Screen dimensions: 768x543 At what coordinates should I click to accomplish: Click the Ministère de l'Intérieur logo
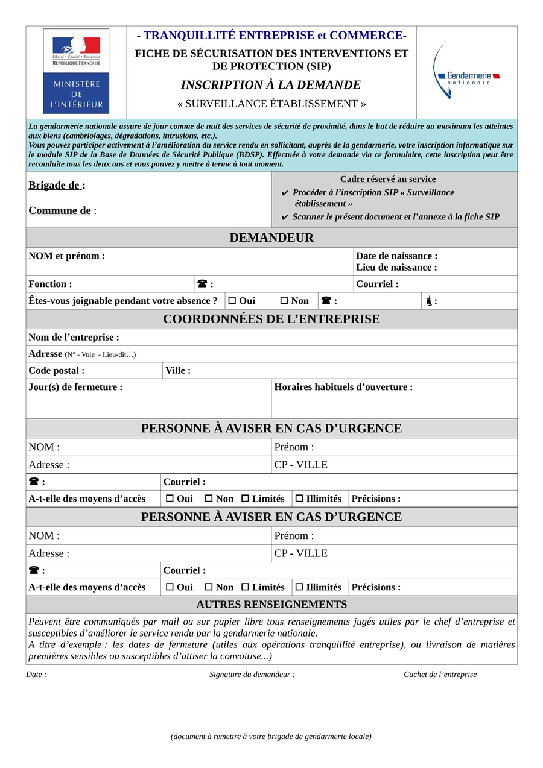76,71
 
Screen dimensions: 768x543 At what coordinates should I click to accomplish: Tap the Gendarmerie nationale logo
466,73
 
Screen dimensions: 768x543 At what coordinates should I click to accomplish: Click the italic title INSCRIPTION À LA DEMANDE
271,85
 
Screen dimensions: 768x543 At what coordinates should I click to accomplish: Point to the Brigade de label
57,186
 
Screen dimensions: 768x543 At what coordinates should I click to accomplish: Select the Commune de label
62,210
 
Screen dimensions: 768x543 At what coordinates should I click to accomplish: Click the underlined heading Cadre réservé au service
388,179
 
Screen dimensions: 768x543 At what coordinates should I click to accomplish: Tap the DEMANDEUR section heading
271,238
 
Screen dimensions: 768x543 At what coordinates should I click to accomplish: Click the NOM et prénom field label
66,256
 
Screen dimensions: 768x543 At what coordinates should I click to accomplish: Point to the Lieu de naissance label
396,267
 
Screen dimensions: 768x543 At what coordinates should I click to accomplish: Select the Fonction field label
50,284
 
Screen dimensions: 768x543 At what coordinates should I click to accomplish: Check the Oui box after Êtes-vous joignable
232,301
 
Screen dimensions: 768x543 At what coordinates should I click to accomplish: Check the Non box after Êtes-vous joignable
284,301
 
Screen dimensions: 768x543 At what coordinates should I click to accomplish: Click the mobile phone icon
428,301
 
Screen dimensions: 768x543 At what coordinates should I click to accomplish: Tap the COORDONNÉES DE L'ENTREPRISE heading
271,319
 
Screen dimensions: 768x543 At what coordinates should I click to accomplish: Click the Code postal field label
56,370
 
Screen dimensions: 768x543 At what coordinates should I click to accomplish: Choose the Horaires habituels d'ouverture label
343,387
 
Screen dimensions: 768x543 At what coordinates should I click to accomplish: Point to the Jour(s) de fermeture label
75,387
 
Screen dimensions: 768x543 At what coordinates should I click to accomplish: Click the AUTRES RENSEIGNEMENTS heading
271,604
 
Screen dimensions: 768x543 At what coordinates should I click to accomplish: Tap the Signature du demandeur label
252,675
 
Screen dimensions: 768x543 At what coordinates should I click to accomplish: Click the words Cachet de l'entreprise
440,675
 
